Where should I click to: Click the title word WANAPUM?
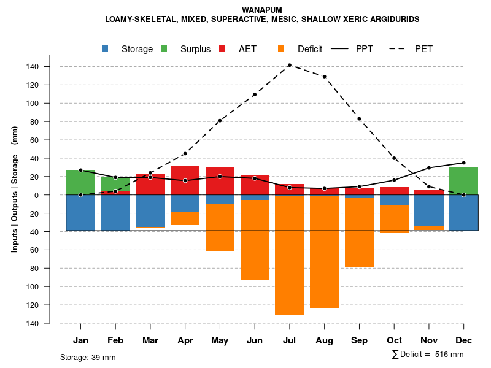[262, 10]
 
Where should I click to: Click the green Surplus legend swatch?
[164, 49]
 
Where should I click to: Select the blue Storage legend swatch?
[105, 49]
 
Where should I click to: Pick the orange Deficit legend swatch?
[281, 49]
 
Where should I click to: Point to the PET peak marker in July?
[289, 65]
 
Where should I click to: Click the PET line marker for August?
[324, 77]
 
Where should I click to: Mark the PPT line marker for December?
[463, 163]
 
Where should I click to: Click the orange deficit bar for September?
[359, 232]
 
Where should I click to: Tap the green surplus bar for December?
[463, 180]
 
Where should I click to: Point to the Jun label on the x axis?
[254, 340]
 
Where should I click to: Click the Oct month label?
[394, 340]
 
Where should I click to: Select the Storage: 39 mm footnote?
[88, 357]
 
